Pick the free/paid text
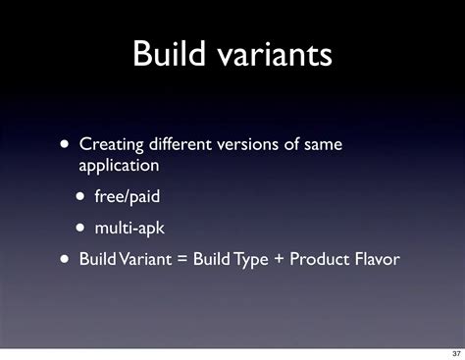127,197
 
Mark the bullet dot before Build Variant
64,260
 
